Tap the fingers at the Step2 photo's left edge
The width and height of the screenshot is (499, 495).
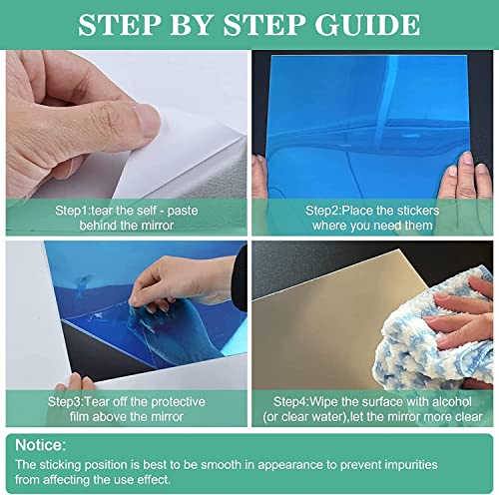click(x=261, y=175)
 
